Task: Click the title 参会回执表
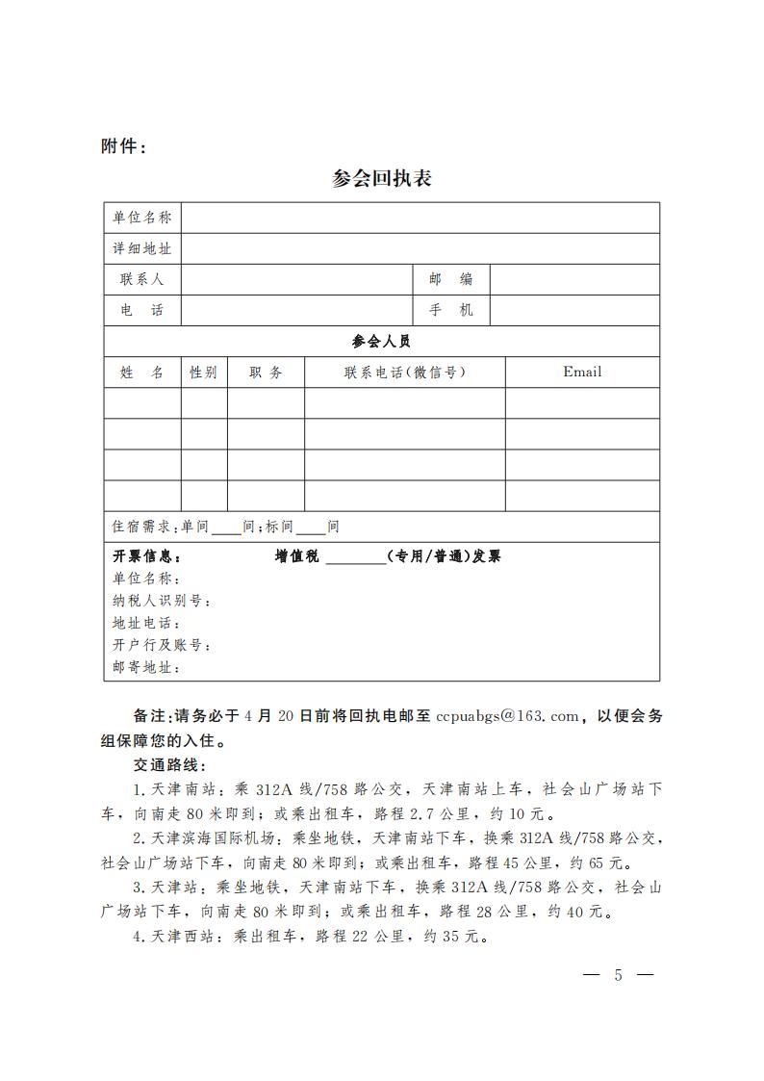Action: [x=382, y=179]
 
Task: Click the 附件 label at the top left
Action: [x=124, y=146]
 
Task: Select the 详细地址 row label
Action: [x=142, y=248]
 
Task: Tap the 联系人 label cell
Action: [x=142, y=279]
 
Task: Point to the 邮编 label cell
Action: [x=450, y=279]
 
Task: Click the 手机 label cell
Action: [x=450, y=310]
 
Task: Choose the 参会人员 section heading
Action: [x=382, y=341]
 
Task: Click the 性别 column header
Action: [x=204, y=373]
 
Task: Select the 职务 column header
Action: [x=266, y=373]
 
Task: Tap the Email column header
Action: [x=582, y=372]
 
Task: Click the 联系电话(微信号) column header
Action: [x=404, y=373]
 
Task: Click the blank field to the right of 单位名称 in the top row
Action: [x=420, y=218]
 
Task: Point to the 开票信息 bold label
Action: [x=146, y=556]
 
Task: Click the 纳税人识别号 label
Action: [x=162, y=602]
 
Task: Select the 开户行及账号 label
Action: [x=162, y=645]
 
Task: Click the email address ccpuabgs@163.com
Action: [x=508, y=716]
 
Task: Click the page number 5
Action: [x=618, y=975]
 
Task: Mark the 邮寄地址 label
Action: [x=146, y=667]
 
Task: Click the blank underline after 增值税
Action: [x=354, y=557]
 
